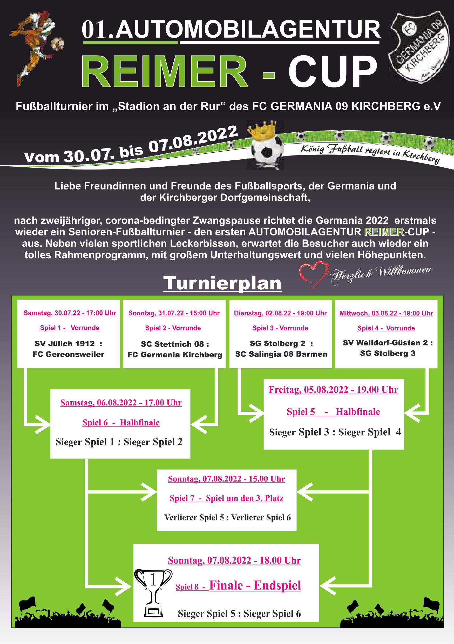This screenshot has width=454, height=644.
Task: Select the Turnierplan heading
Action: [x=222, y=283]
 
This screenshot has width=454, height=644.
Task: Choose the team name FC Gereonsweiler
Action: [x=69, y=354]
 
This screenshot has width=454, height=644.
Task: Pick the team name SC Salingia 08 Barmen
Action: [x=281, y=354]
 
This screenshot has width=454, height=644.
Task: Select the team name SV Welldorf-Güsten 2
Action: [x=385, y=343]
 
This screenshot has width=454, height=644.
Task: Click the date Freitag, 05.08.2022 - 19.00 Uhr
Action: [x=333, y=390]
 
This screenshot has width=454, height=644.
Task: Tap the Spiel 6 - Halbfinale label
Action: [x=121, y=422]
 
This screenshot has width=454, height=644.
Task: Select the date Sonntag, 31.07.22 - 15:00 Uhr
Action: [x=174, y=313]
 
